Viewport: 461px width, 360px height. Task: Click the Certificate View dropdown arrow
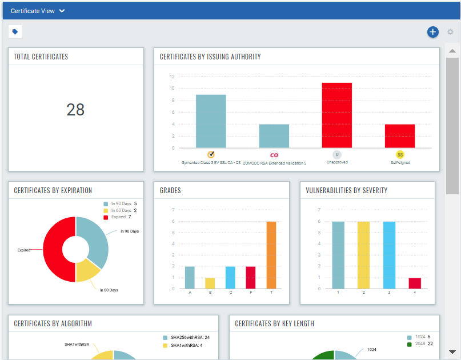(x=62, y=11)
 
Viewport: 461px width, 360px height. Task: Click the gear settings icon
(x=450, y=32)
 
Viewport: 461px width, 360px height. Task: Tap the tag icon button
(x=15, y=32)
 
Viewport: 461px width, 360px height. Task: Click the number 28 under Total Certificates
(x=75, y=109)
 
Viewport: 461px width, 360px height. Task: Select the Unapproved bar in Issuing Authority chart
(x=336, y=115)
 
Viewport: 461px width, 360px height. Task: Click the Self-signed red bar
(x=399, y=136)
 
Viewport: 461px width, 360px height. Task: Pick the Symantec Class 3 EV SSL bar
(x=211, y=121)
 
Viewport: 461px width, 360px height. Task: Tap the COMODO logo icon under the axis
(x=274, y=154)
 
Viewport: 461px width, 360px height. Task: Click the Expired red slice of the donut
(x=54, y=250)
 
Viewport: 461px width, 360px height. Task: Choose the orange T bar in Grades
(x=271, y=255)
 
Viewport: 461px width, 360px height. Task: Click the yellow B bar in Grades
(x=210, y=283)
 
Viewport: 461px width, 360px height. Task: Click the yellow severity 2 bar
(x=363, y=255)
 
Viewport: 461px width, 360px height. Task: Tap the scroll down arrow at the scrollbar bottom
(x=452, y=352)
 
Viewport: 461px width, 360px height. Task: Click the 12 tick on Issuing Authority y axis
(x=173, y=77)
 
